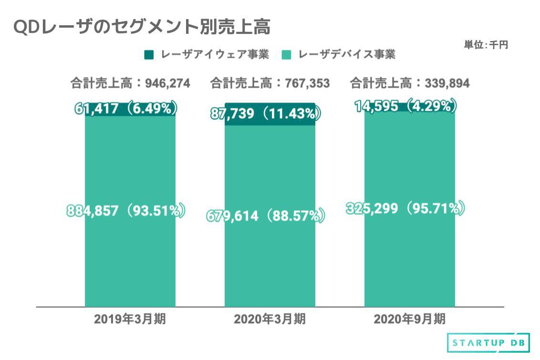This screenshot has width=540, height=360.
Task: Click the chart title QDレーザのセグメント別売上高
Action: pyautogui.click(x=142, y=27)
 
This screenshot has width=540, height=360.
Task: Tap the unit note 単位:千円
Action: pyautogui.click(x=486, y=45)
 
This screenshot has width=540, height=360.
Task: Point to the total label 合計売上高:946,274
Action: pyautogui.click(x=130, y=83)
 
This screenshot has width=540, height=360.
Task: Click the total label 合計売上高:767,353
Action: pyautogui.click(x=270, y=83)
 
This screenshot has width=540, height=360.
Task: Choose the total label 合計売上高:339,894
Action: pyautogui.click(x=410, y=83)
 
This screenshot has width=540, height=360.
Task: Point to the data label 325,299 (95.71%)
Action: pyautogui.click(x=405, y=208)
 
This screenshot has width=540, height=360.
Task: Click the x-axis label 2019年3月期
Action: pyautogui.click(x=130, y=319)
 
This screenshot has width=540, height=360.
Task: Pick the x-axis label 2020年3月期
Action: pyautogui.click(x=270, y=319)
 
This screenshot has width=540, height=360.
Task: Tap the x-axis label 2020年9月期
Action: pyautogui.click(x=410, y=319)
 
